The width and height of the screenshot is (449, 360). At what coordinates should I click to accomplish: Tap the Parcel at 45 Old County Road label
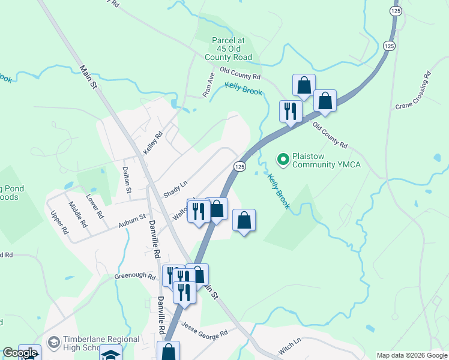[231, 49]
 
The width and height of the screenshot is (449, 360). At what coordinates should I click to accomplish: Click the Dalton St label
[127, 179]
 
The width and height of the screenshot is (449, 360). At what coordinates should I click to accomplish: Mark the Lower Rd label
[94, 206]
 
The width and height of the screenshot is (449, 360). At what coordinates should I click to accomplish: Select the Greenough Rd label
[135, 277]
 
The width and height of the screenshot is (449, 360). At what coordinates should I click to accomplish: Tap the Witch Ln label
[289, 347]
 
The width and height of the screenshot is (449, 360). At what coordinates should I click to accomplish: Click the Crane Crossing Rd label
[414, 91]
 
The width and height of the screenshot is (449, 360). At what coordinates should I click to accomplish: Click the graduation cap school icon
[110, 354]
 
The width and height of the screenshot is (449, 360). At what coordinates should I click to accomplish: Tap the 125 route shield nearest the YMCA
[240, 166]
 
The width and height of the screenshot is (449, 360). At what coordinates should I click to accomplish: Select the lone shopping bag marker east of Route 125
[244, 220]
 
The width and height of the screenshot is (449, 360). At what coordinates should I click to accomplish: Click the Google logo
[20, 353]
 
